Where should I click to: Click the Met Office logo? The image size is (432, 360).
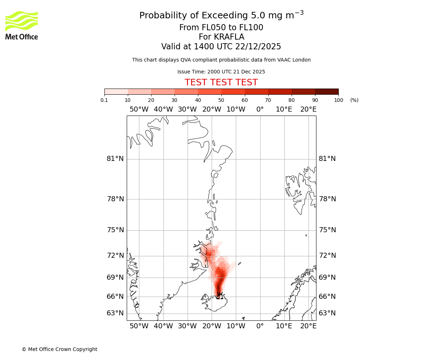click(22, 25)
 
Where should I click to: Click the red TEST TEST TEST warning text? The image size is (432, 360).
click(221, 82)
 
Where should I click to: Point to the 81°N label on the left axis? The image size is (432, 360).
click(115, 159)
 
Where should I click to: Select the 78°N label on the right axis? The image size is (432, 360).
click(327, 199)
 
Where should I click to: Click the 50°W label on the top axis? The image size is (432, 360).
click(139, 109)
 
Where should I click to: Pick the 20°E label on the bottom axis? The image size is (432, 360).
click(309, 326)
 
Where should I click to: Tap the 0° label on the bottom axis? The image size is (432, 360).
click(260, 326)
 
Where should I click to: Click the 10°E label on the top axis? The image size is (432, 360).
click(284, 109)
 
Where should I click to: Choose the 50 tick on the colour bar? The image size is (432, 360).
click(221, 100)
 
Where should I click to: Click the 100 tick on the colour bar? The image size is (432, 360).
click(338, 100)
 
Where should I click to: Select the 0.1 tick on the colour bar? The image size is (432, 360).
click(104, 100)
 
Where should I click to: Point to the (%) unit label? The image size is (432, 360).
click(354, 100)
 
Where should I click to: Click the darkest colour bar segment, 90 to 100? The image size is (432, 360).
click(327, 91)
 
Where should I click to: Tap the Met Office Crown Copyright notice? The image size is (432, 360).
click(59, 349)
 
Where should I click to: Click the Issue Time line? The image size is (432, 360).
click(221, 72)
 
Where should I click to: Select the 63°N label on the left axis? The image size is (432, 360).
click(115, 313)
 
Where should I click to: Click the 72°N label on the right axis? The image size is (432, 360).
click(327, 256)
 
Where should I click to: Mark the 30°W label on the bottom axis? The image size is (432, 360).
click(187, 326)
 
